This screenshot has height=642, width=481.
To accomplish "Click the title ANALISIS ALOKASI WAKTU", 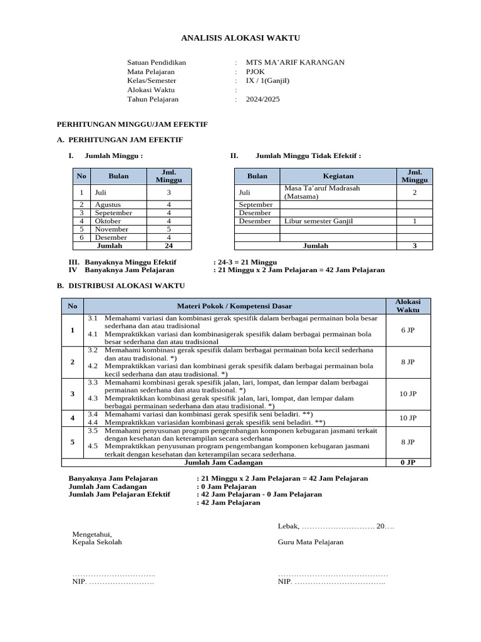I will (x=240, y=38).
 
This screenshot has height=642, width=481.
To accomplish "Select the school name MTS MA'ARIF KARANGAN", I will (x=295, y=62).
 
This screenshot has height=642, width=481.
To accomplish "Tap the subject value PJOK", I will (x=255, y=71).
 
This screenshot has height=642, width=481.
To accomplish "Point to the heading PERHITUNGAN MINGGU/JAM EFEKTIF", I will (x=132, y=124).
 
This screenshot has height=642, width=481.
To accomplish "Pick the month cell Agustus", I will (x=108, y=204).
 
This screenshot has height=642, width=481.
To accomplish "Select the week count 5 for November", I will (x=168, y=229).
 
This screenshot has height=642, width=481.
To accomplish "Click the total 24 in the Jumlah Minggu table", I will (x=168, y=246).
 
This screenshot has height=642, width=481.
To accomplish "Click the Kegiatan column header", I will (x=338, y=176).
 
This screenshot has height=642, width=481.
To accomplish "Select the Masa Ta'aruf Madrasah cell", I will (x=323, y=192).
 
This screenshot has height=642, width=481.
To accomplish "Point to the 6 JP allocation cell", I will (x=408, y=330).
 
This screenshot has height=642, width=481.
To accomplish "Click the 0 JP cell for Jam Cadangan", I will (x=408, y=463).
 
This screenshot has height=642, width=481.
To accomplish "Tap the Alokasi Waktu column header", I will (x=408, y=305).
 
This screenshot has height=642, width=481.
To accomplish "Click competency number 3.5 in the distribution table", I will (x=93, y=430).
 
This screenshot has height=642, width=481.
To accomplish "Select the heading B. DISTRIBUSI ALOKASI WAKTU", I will (x=121, y=285).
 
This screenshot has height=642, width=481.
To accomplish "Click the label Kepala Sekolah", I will (x=97, y=542).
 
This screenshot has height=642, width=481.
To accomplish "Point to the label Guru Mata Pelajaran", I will (x=311, y=542).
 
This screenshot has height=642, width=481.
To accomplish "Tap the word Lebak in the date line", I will (x=287, y=526).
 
